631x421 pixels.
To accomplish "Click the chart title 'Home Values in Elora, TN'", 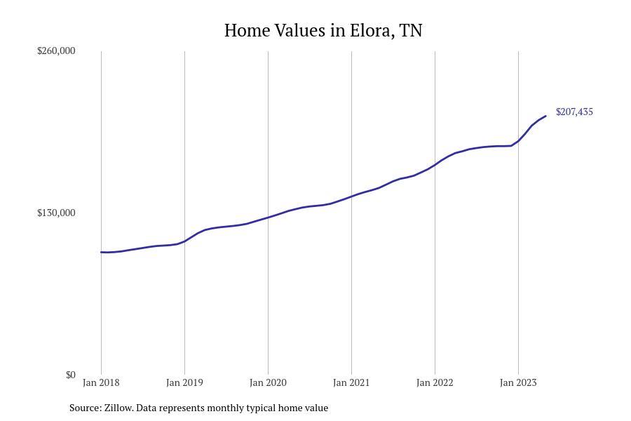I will (323, 31).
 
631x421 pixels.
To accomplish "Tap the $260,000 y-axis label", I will (56, 51).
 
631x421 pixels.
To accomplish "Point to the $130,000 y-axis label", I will (56, 213).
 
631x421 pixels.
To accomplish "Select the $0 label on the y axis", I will (71, 375).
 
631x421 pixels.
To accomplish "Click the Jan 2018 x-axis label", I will (101, 382).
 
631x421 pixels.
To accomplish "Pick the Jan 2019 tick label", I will (184, 382).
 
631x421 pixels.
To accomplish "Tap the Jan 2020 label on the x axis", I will (268, 382).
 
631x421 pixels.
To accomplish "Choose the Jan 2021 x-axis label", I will (351, 382).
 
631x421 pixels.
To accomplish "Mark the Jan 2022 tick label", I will (435, 382).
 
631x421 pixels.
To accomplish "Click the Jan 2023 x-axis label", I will (518, 382).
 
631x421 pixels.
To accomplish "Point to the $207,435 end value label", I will (574, 112).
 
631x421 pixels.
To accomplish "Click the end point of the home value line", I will (545, 116).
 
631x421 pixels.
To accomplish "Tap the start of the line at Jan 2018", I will (101, 252).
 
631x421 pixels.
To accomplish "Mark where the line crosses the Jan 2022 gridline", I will (435, 165).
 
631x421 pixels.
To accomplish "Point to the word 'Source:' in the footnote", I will (86, 408).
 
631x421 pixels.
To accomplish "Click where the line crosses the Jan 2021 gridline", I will (351, 196).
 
